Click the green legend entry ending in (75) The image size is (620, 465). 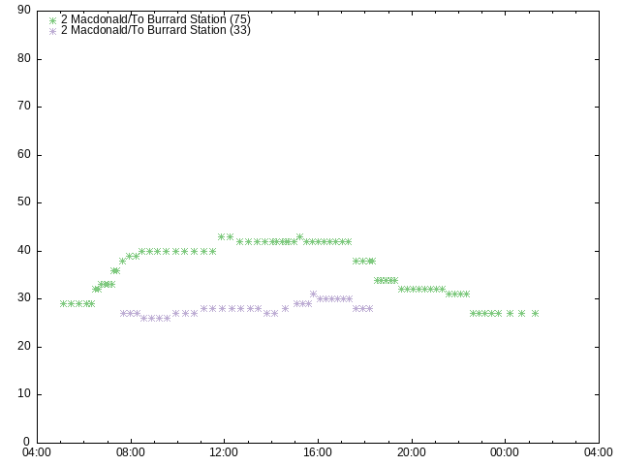[x=155, y=19]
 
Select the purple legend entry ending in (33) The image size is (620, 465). [x=155, y=30]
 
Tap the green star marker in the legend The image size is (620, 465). [x=53, y=20]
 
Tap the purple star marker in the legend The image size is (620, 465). [x=53, y=31]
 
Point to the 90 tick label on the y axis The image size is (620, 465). [x=24, y=10]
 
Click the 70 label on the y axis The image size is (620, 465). [x=24, y=106]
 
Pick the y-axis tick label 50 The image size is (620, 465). [x=24, y=201]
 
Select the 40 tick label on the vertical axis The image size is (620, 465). [x=24, y=250]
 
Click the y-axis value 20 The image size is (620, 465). [x=24, y=346]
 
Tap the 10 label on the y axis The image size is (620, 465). [x=24, y=393]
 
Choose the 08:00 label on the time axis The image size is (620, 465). [x=131, y=452]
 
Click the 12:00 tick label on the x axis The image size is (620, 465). [x=224, y=452]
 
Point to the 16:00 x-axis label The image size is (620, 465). [x=318, y=452]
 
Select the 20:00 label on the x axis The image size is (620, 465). [x=412, y=452]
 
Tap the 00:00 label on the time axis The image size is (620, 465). [x=506, y=452]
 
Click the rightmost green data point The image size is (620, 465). [x=536, y=314]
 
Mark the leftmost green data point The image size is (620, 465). [x=63, y=303]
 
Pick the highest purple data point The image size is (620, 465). [x=314, y=294]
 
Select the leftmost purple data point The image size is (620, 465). [x=123, y=313]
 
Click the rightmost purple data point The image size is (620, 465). [x=370, y=308]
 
